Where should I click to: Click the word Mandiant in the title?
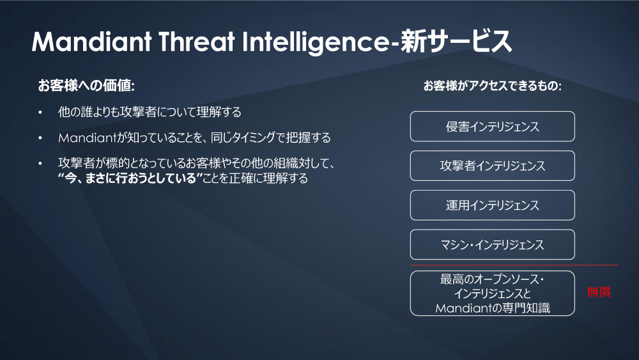click(91, 42)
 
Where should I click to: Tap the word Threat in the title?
click(196, 42)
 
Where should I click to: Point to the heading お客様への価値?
click(86, 86)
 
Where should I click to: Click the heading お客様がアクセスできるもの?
click(492, 86)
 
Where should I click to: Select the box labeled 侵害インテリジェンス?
click(492, 127)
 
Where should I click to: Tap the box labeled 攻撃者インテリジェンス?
click(492, 166)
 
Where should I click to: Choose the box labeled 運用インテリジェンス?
click(492, 205)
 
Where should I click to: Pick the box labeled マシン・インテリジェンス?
click(492, 245)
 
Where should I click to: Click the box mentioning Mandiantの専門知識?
click(492, 293)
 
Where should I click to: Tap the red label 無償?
click(599, 292)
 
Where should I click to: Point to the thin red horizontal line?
click(514, 265)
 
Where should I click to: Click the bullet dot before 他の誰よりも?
click(40, 112)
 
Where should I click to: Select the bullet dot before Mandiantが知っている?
click(40, 138)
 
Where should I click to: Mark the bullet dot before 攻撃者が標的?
click(40, 164)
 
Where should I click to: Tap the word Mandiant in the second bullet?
click(88, 138)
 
